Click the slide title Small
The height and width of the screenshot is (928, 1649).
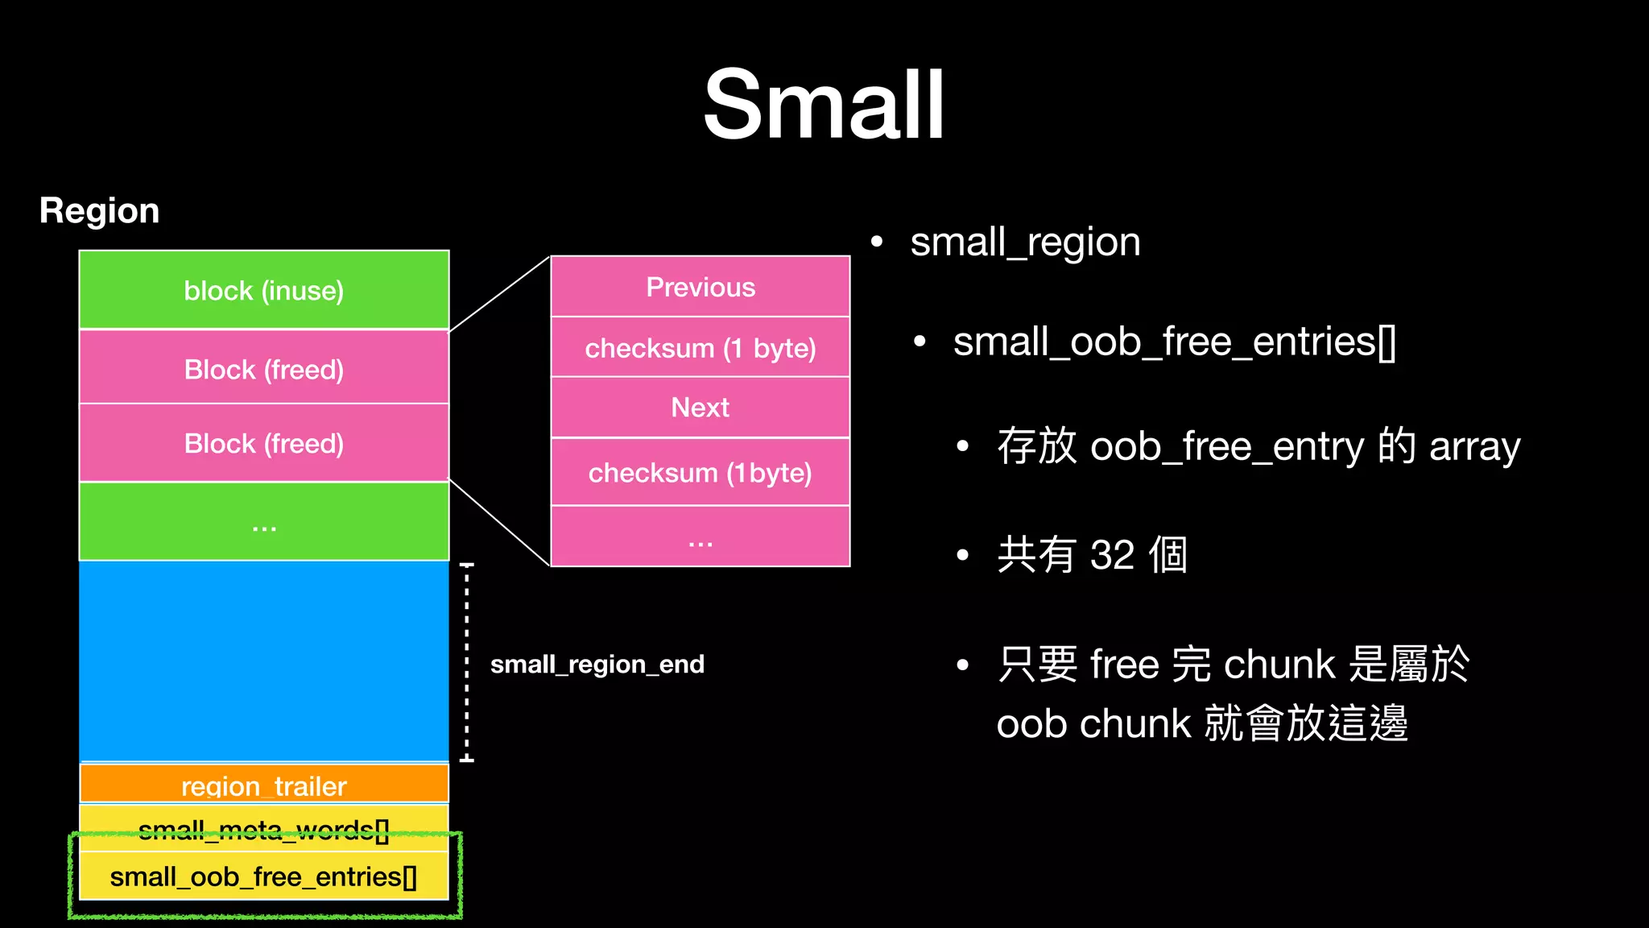(x=824, y=105)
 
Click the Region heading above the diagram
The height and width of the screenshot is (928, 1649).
(x=99, y=211)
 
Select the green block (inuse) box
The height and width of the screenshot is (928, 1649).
(x=264, y=290)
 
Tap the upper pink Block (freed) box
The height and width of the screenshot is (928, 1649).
(x=264, y=369)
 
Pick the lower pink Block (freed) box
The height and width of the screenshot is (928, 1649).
(x=264, y=443)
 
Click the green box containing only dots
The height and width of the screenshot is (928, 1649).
(x=264, y=522)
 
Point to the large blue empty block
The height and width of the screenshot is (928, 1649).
(x=264, y=661)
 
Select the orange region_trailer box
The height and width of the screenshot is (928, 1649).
(x=264, y=784)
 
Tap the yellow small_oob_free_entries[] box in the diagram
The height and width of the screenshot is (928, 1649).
(x=264, y=876)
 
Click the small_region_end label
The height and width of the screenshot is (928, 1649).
(x=597, y=665)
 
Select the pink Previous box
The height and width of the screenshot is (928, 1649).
(x=701, y=288)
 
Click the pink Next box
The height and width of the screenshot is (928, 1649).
(x=701, y=408)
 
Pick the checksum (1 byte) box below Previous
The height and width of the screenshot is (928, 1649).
(x=701, y=348)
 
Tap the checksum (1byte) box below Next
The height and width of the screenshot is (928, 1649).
(x=701, y=473)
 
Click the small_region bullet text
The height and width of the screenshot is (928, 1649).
(x=1025, y=242)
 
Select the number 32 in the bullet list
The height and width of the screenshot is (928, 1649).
(x=1112, y=555)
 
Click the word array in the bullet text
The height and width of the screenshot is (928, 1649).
(x=1474, y=447)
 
